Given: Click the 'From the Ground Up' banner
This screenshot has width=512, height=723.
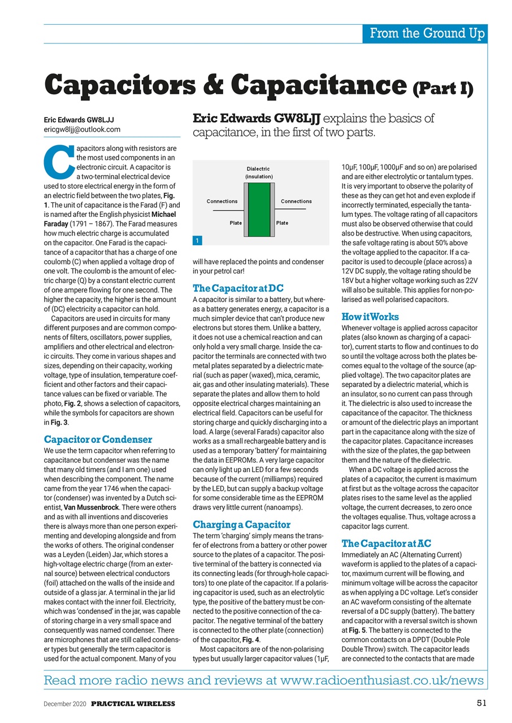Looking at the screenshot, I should click(x=426, y=34).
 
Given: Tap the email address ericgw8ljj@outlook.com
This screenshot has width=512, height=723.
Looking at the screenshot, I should click(x=83, y=129).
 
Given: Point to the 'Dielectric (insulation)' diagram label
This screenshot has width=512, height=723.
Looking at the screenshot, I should click(x=258, y=172).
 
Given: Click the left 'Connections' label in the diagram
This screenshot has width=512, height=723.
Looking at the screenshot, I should click(x=222, y=201).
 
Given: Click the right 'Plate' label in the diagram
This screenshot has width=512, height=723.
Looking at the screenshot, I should click(x=282, y=223).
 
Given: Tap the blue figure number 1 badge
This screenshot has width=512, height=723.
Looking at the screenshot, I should click(x=197, y=241).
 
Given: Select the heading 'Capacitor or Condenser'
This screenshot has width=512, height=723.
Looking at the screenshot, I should click(x=98, y=439).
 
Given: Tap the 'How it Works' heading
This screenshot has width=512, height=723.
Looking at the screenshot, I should click(x=370, y=316).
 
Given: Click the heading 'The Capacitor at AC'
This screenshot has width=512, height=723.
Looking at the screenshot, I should click(x=387, y=543).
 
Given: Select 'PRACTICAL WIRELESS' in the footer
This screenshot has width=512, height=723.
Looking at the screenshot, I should click(x=133, y=703).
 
